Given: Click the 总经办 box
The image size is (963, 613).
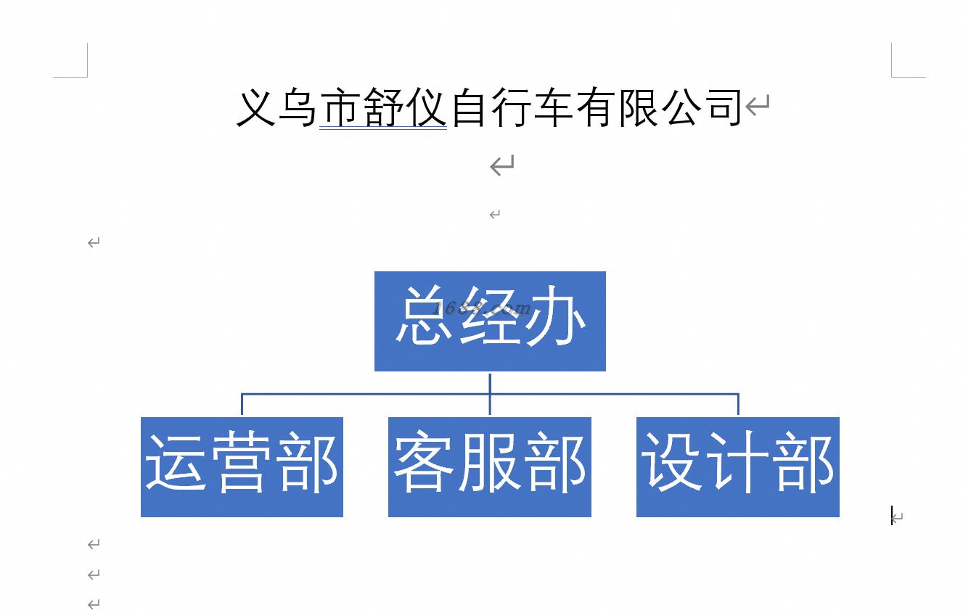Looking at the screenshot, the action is (x=490, y=321).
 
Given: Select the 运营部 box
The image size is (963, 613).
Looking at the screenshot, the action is (x=242, y=467).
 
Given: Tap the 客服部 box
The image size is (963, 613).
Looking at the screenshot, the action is (x=490, y=467).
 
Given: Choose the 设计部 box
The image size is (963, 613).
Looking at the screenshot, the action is (x=738, y=467).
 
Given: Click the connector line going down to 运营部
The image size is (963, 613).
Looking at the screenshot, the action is (x=242, y=404).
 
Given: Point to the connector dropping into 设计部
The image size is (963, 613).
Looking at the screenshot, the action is (x=738, y=404).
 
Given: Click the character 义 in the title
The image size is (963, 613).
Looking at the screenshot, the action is (x=255, y=107).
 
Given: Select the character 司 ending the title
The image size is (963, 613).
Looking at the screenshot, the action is (x=722, y=107).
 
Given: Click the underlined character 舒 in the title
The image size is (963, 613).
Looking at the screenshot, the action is (x=382, y=107).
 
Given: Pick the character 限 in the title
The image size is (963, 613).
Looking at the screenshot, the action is (x=638, y=107).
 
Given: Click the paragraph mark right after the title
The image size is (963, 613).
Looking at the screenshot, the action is (x=758, y=106).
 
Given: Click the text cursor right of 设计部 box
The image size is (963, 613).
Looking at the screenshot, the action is (x=892, y=515).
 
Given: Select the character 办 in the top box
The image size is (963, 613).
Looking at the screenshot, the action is (x=555, y=316).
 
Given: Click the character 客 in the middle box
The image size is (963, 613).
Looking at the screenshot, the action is (x=424, y=464).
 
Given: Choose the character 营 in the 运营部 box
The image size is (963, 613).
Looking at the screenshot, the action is (x=242, y=461).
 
